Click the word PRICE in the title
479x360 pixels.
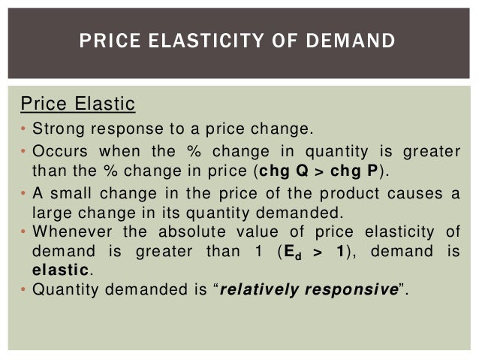(107, 40)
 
